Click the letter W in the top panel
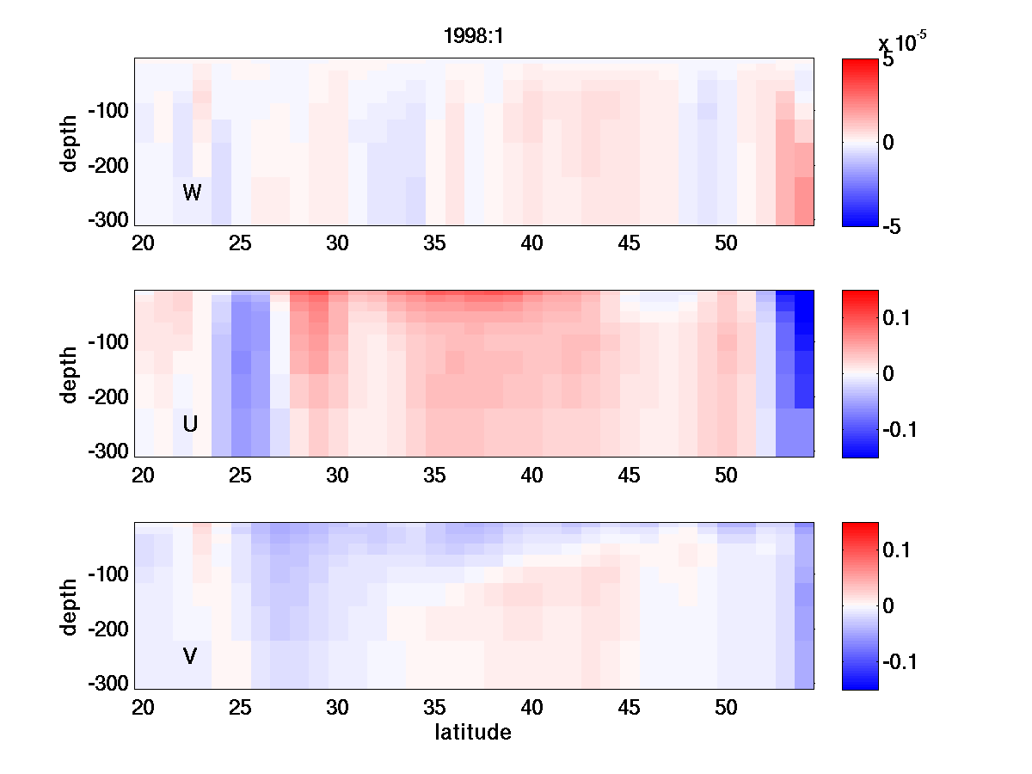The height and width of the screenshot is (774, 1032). click(x=192, y=193)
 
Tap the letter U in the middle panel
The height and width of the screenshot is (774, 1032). click(x=191, y=424)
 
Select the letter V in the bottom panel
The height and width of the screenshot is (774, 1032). click(x=191, y=656)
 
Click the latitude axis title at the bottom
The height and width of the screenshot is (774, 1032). click(x=473, y=733)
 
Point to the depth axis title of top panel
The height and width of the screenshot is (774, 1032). click(x=71, y=142)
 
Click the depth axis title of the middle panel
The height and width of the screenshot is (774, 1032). click(x=71, y=374)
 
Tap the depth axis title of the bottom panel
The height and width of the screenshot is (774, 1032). click(x=71, y=606)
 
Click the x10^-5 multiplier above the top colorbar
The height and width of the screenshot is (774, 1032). click(x=902, y=41)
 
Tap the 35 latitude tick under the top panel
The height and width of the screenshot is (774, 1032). click(x=434, y=243)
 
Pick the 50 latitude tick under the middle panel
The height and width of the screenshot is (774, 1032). click(x=727, y=476)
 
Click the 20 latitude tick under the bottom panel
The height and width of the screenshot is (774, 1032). click(x=143, y=708)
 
